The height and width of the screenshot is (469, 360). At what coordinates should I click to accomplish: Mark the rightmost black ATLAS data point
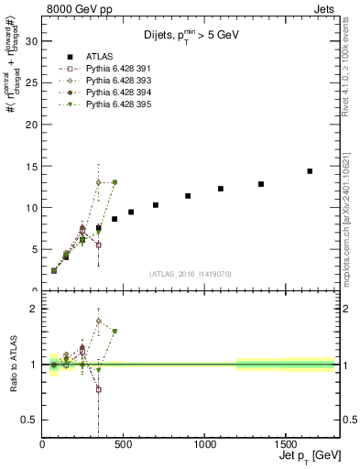[x=310, y=171]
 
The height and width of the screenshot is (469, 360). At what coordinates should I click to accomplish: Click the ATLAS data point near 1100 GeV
[x=221, y=189]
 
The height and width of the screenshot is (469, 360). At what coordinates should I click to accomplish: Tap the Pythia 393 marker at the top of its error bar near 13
[x=98, y=182]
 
